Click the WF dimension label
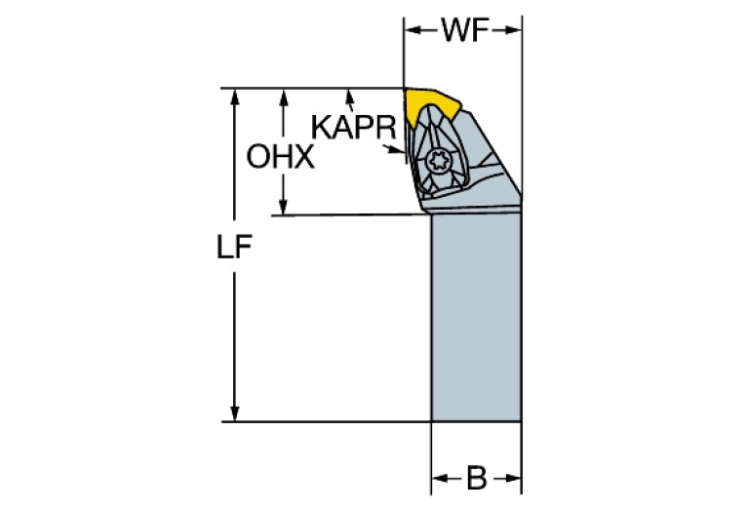pyautogui.click(x=463, y=31)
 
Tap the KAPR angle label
pyautogui.click(x=353, y=127)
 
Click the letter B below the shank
pyautogui.click(x=476, y=479)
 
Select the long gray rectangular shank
pyautogui.click(x=475, y=317)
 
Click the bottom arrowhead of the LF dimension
pyautogui.click(x=234, y=413)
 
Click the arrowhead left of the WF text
pyautogui.click(x=412, y=31)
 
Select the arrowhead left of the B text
pyautogui.click(x=439, y=479)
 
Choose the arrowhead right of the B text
pyautogui.click(x=513, y=479)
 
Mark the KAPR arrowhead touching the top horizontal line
pyautogui.click(x=348, y=96)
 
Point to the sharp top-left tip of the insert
pyautogui.click(x=405, y=91)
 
